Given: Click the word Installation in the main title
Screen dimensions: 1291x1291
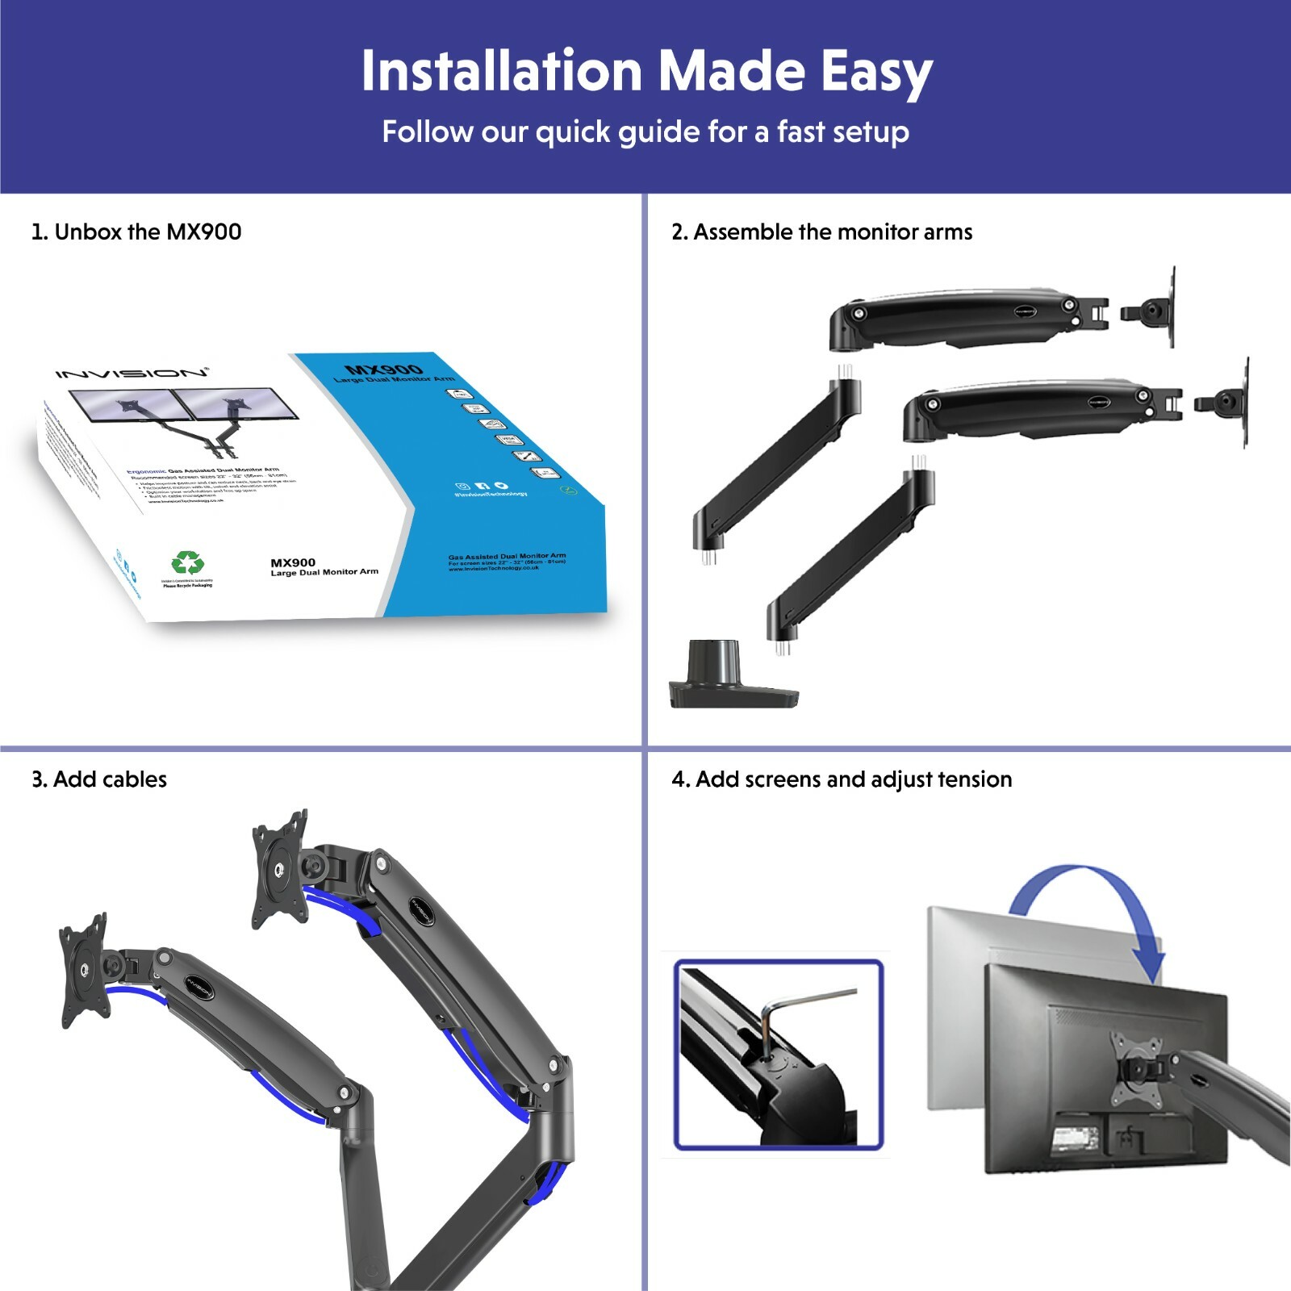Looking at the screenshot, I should [x=501, y=71].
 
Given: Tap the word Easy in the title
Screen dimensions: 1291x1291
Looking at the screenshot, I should [x=876, y=73].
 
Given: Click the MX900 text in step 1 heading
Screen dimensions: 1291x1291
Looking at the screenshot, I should [x=204, y=232].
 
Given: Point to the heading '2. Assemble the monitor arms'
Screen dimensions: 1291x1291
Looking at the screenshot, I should [x=821, y=232].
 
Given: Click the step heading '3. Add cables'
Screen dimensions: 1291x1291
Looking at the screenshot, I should [x=99, y=779].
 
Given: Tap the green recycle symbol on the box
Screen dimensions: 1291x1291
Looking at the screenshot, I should [x=187, y=563].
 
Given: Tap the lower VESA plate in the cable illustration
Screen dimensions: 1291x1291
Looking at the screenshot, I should [x=84, y=970].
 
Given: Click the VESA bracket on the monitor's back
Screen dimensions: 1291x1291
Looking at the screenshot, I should [x=1138, y=1069].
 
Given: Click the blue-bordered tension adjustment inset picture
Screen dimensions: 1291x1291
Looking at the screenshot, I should [x=779, y=1055].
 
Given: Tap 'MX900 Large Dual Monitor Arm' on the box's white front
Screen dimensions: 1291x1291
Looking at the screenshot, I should [x=324, y=567].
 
